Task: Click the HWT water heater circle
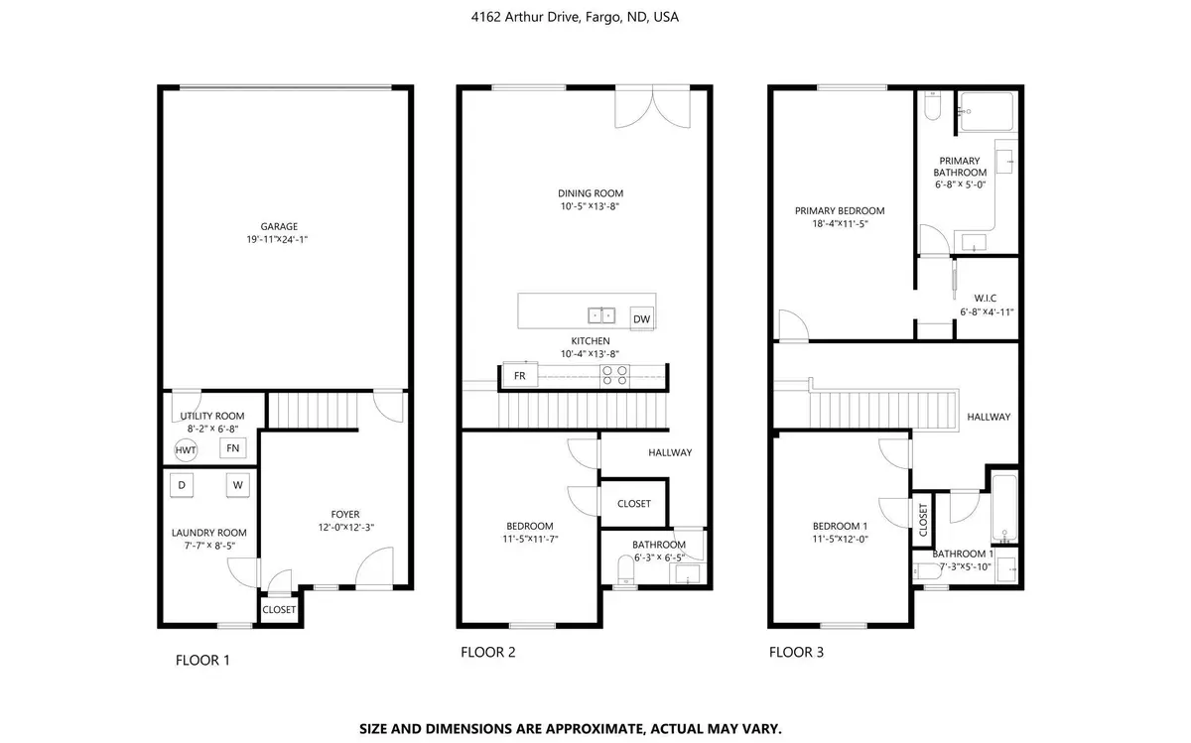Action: [186, 449]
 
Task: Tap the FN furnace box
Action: [233, 448]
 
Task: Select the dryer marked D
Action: [182, 485]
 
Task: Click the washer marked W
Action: [238, 485]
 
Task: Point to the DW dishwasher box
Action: [641, 318]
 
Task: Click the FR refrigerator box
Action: [519, 375]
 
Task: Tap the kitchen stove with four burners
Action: [614, 375]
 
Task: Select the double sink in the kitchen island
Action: [601, 316]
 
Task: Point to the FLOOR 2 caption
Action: [487, 653]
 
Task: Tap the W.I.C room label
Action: [986, 297]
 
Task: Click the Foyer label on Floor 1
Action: [345, 514]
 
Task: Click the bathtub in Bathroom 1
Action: [1004, 509]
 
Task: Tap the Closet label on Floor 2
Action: [634, 503]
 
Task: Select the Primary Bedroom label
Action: [839, 210]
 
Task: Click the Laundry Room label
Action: [208, 533]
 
